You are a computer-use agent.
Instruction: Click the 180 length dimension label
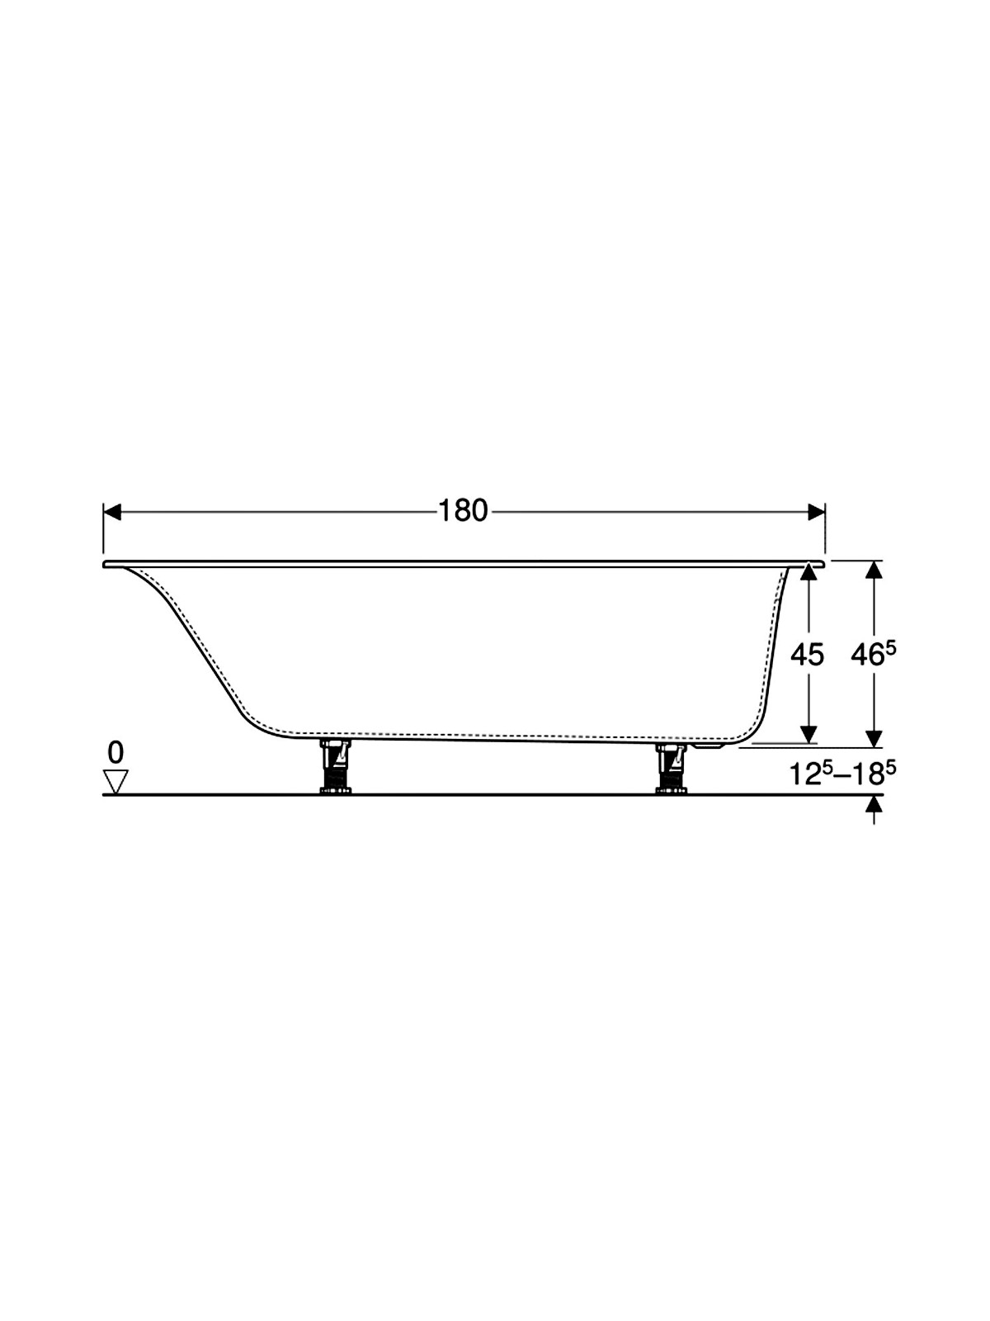click(x=463, y=512)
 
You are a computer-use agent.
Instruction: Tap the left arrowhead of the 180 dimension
click(x=112, y=512)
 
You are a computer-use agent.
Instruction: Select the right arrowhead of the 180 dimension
click(x=816, y=512)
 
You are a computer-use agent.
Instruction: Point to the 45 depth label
click(x=808, y=654)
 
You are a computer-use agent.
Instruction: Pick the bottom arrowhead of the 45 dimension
click(x=809, y=735)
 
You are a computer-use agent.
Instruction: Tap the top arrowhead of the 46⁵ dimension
click(x=874, y=570)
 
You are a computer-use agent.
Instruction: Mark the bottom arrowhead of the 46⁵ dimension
click(x=874, y=739)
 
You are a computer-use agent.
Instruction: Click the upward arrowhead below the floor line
click(x=874, y=805)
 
